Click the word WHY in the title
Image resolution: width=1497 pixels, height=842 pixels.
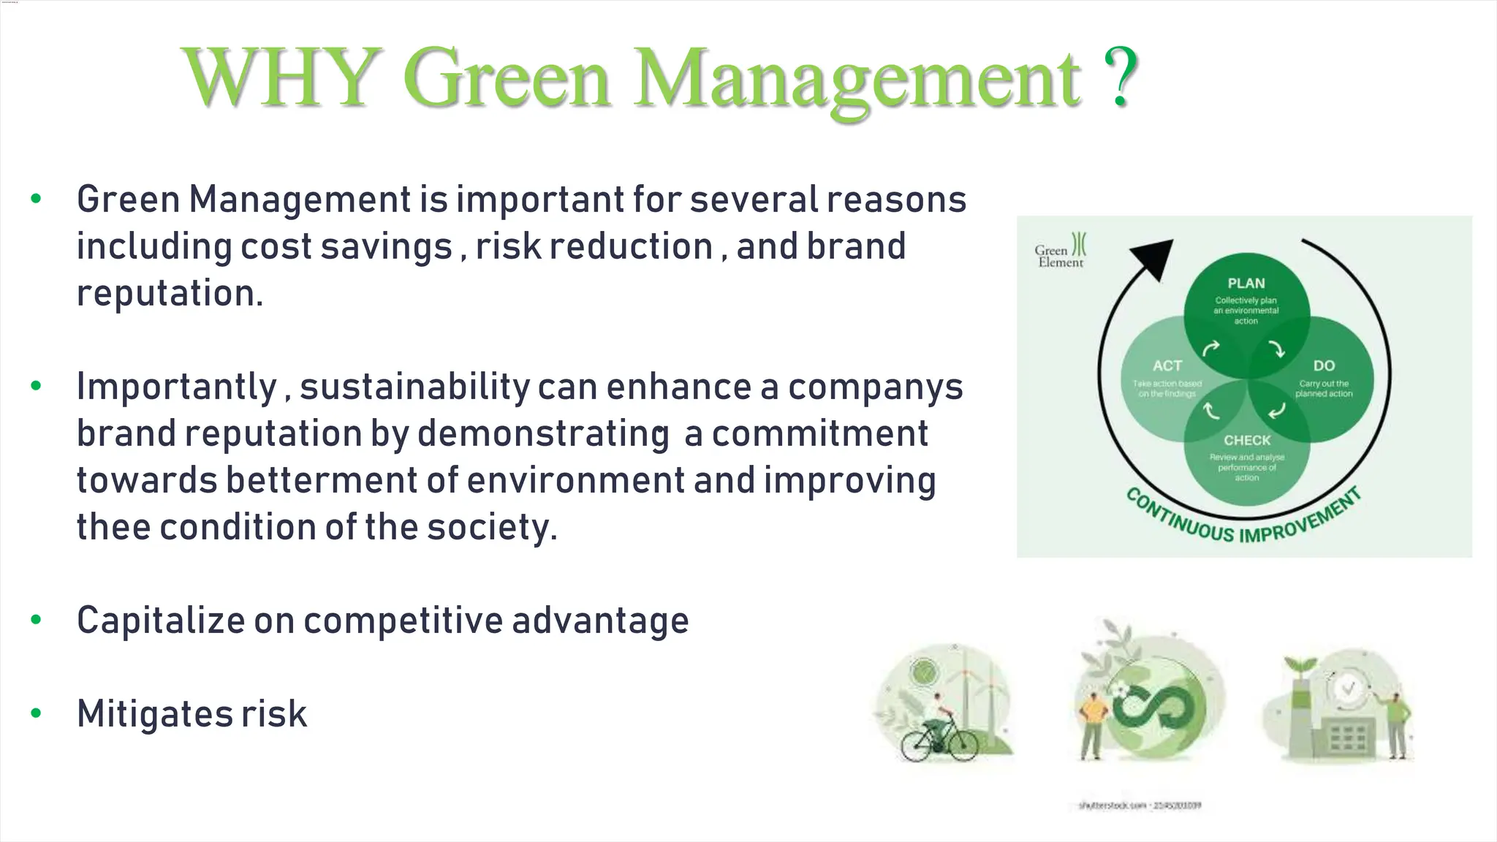point(282,77)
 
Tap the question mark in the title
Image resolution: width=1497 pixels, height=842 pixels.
point(1120,76)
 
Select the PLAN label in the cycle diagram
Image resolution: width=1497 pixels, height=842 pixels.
point(1246,284)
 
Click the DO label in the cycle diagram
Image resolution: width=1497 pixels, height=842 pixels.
point(1324,365)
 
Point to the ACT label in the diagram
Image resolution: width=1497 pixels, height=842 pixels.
point(1167,365)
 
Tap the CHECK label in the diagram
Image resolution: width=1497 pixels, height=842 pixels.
point(1247,440)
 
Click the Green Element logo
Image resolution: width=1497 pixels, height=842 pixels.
point(1061,251)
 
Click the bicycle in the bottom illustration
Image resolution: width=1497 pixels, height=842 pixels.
point(939,740)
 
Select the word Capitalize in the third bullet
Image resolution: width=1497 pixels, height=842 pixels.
point(161,621)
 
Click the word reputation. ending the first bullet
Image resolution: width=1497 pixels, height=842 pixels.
point(170,294)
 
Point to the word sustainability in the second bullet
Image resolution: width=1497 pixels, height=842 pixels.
point(414,387)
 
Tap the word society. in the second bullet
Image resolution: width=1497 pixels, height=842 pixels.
point(492,527)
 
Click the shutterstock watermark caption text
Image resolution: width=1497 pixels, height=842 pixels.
point(1140,805)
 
